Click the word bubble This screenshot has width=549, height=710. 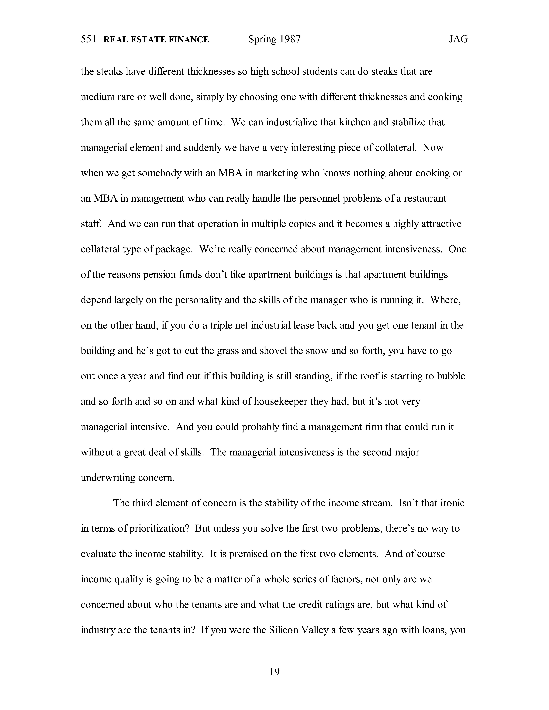click(x=451, y=376)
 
